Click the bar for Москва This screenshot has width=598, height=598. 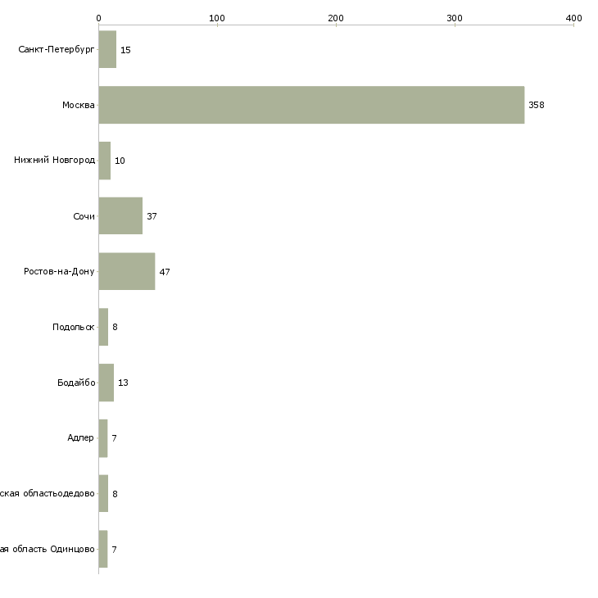[311, 105]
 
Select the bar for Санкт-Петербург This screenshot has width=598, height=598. [107, 49]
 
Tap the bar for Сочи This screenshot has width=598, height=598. [120, 216]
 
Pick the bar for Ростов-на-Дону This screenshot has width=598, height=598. [126, 271]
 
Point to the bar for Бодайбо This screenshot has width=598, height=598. [106, 383]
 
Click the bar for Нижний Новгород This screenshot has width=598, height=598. [104, 161]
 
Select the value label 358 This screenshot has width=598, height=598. [537, 105]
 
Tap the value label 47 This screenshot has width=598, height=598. [165, 272]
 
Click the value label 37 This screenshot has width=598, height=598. [152, 216]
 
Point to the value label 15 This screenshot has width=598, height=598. [125, 50]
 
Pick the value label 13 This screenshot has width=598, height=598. [123, 383]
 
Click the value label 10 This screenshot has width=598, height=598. [120, 161]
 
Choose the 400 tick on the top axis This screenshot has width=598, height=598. [573, 17]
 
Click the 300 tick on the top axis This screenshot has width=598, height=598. [455, 17]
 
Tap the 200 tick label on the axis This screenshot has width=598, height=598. [336, 17]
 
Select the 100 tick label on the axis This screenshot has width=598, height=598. [217, 17]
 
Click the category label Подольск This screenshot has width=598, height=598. [74, 327]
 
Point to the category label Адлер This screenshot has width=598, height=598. [80, 437]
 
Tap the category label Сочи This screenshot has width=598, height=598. [84, 216]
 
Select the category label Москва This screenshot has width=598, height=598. [79, 105]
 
